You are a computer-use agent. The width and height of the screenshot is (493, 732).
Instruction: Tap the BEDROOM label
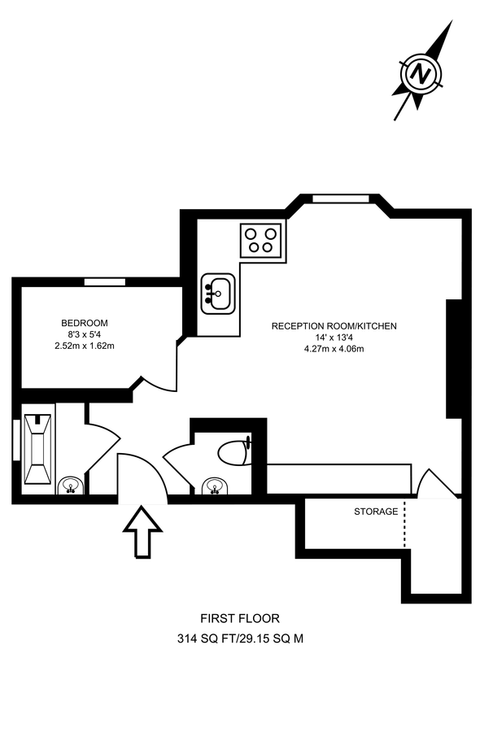pos(85,323)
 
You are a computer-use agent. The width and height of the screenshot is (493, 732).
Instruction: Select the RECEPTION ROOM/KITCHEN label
pos(334,326)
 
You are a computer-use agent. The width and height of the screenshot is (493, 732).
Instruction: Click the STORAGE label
pos(376,512)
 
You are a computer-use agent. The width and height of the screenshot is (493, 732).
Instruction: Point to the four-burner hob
pos(260,239)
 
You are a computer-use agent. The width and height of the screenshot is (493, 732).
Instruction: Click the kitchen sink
pos(217,293)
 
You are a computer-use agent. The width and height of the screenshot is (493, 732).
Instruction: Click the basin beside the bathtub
pos(71,486)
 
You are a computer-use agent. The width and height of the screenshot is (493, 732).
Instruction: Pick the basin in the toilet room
pos(213,486)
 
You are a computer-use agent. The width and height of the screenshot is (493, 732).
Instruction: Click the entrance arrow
pos(143,531)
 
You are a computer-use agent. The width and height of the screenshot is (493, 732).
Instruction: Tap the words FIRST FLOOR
pos(240,619)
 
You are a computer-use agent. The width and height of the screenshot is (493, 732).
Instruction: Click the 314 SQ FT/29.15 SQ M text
pos(240,639)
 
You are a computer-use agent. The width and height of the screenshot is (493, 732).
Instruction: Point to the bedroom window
pos(105,281)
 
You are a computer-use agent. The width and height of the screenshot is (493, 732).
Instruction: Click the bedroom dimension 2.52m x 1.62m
pos(85,346)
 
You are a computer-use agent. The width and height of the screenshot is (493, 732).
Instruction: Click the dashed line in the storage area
pos(404,524)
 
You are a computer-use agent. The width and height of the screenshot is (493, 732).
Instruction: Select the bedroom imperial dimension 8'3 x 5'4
pos(85,334)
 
